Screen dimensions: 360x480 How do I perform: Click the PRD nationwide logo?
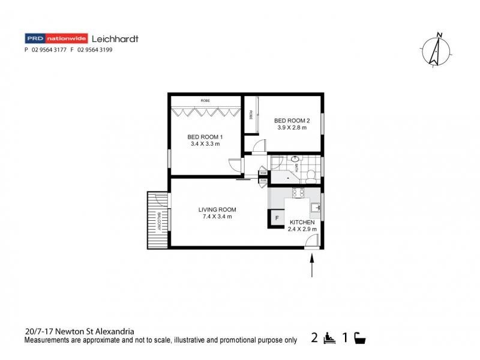coord(56,38)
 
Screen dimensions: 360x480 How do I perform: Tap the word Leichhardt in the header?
coord(115,38)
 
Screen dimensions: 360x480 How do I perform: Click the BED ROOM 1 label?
coord(205,137)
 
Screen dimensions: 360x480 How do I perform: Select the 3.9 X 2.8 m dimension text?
coord(292,127)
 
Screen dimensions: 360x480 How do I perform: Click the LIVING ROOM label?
coord(217,209)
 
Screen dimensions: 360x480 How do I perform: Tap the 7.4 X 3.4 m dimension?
coord(217,217)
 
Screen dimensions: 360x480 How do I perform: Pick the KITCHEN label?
coord(302,221)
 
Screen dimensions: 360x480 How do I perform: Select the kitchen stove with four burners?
coord(298,193)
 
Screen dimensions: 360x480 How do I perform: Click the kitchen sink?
coord(316,208)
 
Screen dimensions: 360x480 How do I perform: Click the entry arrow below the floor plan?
coord(312,266)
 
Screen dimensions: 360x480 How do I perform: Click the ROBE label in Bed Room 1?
coord(205,100)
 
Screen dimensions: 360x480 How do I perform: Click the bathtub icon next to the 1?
coord(359,338)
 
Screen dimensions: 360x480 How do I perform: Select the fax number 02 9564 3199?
coord(95,50)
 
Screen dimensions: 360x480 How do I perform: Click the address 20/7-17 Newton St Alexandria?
coord(79,331)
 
